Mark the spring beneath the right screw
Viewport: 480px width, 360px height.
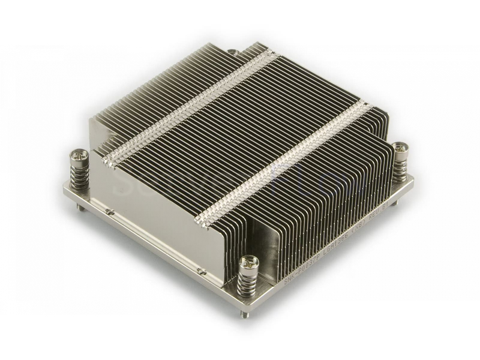[400, 165]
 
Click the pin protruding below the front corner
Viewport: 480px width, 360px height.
[249, 314]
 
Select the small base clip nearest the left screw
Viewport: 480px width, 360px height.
[109, 211]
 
